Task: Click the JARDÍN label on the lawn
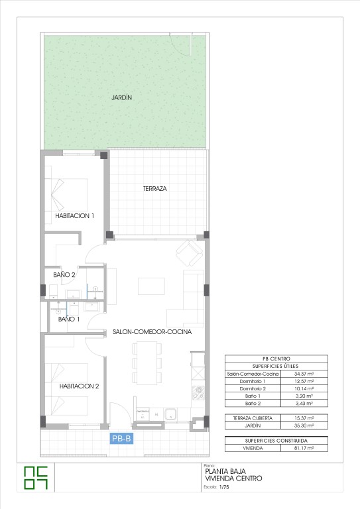point(122,97)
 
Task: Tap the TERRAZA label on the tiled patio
point(155,188)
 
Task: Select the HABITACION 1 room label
point(75,215)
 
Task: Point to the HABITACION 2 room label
point(79,386)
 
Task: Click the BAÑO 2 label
point(64,274)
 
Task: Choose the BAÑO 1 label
point(69,319)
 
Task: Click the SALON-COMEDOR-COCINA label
point(152,332)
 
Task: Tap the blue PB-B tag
point(121,439)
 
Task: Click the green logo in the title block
point(36,478)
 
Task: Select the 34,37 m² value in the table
point(304,374)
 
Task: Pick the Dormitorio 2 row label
point(253,388)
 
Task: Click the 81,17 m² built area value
point(304,448)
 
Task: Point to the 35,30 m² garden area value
point(304,425)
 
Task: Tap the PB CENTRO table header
point(276,359)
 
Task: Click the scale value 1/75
point(224,487)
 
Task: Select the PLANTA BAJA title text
point(225,471)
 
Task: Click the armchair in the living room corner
point(190,253)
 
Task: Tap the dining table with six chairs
point(147,363)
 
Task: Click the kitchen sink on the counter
point(170,414)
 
